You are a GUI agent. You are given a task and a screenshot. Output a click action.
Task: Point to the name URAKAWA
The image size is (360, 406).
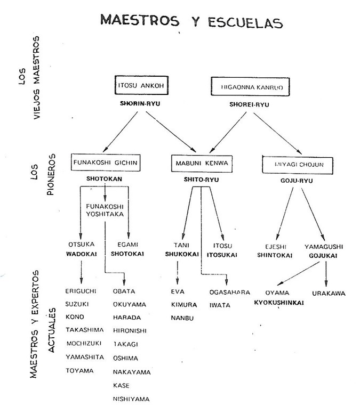point(329,293)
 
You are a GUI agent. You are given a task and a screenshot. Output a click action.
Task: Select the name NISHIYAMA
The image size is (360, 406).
point(131,398)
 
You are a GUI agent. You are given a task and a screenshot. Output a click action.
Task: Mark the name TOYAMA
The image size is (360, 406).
point(79,370)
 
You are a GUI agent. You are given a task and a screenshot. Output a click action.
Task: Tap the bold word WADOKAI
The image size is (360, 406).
point(81,254)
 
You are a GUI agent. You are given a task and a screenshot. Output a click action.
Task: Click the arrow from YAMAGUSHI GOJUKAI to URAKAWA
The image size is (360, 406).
point(326,272)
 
